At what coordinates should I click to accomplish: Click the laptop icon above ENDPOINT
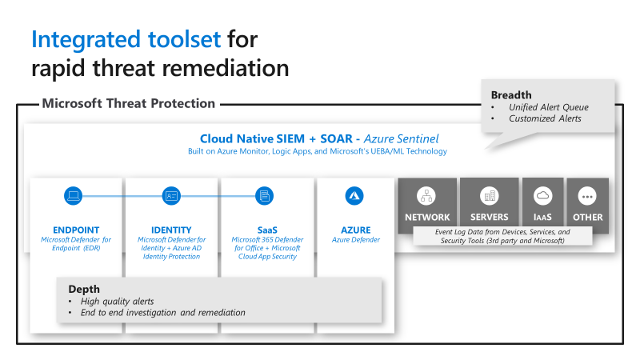(x=74, y=195)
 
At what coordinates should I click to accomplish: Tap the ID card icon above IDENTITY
(x=171, y=195)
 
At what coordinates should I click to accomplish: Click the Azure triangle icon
(x=354, y=195)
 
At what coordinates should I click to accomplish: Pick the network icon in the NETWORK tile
(x=427, y=196)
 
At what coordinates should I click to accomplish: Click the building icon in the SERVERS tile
(x=489, y=196)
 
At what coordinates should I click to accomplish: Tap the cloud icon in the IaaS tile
(x=543, y=196)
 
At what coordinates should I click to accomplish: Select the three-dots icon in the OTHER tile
(x=588, y=196)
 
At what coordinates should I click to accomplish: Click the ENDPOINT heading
(x=76, y=230)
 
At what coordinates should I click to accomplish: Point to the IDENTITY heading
(x=171, y=230)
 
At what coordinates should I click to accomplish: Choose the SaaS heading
(x=266, y=230)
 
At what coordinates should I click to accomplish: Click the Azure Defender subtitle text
(x=355, y=240)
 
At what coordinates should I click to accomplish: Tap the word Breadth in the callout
(x=511, y=95)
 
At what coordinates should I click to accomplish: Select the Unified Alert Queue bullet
(x=548, y=107)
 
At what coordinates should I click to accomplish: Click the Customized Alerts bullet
(x=543, y=118)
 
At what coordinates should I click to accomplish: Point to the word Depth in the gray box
(x=84, y=289)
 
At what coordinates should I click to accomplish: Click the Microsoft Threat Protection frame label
(x=128, y=103)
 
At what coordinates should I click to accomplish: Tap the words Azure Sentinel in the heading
(x=401, y=138)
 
